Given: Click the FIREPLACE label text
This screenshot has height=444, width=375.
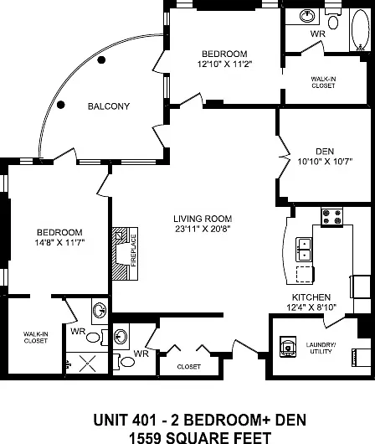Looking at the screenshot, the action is coord(134,250).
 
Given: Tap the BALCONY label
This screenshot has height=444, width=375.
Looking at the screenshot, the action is coord(109,106).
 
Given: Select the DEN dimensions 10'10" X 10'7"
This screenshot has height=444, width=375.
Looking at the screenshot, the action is coord(325,162).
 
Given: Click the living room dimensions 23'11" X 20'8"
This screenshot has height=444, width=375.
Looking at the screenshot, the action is coord(203,229).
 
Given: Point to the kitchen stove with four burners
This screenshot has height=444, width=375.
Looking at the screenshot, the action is coord(331,217).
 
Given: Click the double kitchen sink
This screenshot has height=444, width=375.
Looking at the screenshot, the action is coord(304,249).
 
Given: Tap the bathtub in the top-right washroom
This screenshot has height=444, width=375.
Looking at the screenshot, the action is coord(360,29).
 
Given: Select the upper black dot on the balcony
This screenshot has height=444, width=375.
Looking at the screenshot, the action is coord(101,60).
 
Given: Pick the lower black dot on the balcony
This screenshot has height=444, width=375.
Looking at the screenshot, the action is coord(61,105).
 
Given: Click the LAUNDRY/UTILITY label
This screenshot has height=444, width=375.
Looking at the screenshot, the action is coord(321,348).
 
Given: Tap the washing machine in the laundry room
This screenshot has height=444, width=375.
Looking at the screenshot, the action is coord(288,346).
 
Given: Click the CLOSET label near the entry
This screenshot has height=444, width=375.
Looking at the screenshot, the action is coord(189,367).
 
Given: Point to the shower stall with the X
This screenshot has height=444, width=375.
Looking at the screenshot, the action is coord(87,363).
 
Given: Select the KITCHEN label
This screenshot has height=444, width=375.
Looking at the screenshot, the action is coord(311,297).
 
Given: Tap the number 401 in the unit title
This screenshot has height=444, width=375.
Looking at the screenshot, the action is coord(141,420).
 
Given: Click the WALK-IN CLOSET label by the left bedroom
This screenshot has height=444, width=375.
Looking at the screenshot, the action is coord(35,338).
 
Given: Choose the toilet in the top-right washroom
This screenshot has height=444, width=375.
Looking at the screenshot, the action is coord(333,19).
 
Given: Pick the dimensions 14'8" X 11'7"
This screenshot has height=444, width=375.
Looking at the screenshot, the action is coord(59,242).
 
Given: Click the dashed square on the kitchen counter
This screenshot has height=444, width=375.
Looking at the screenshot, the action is coord(305,275).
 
